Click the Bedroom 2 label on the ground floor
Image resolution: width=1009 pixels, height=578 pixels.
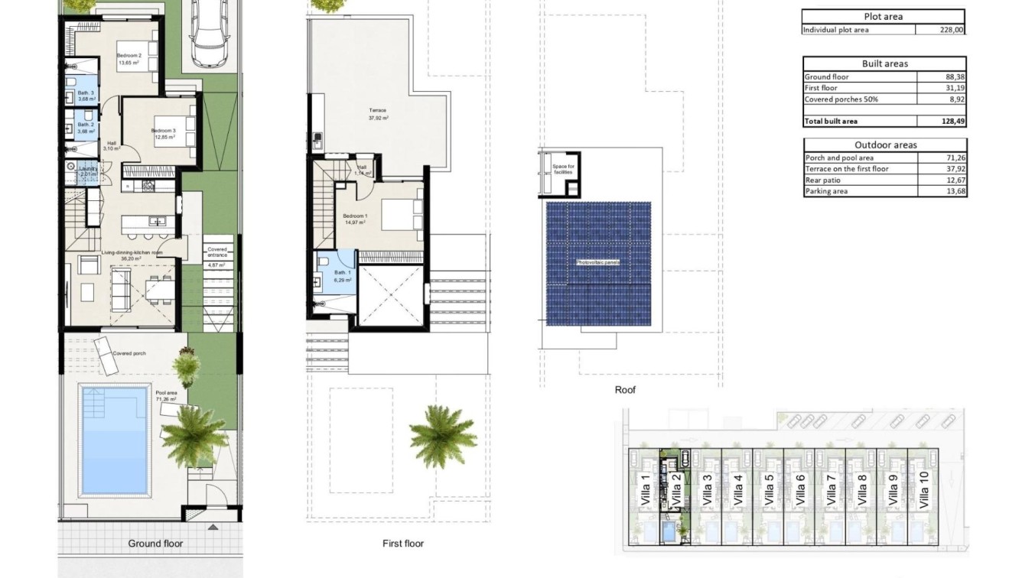pos(129,56)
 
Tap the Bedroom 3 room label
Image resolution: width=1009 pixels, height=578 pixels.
pos(163,131)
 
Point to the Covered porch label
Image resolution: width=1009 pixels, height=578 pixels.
pos(129,354)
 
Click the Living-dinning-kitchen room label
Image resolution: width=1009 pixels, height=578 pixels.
pos(132,252)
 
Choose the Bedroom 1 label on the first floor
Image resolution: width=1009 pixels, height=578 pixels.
pos(355,216)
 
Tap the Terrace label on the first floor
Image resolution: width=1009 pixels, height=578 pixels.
pos(378,111)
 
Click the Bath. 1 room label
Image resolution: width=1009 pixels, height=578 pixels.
pos(342,273)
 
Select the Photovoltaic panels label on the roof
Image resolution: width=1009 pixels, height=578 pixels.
pos(597,262)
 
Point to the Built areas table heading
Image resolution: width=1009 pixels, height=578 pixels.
pos(884,63)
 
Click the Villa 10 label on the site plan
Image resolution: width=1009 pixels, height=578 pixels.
pos(923,490)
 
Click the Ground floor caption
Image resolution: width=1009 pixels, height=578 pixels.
pos(155,544)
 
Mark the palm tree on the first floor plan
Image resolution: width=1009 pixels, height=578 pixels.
pos(443,435)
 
